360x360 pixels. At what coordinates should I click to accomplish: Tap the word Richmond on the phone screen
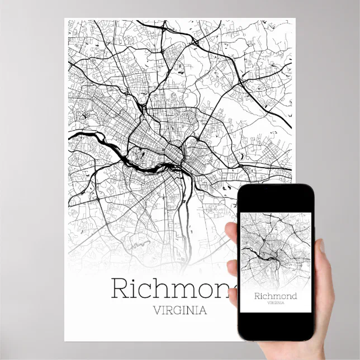tap(275, 295)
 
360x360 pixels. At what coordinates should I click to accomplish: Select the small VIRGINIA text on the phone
tap(275, 303)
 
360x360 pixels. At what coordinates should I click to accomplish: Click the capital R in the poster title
tap(121, 288)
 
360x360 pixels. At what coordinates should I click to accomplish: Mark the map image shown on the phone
tap(275, 252)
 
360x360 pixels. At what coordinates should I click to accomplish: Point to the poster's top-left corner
tap(65, 19)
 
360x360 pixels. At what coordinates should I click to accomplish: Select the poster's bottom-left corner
tap(65, 340)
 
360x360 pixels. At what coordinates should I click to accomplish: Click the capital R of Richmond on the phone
tap(257, 295)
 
